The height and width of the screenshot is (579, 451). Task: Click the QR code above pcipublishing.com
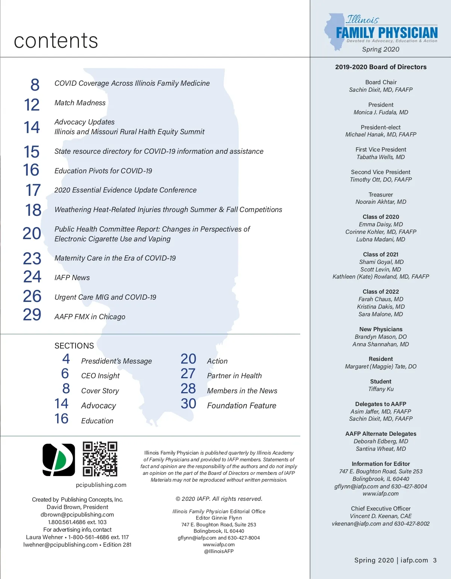tap(100, 459)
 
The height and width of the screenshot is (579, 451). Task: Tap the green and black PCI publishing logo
tap(59, 459)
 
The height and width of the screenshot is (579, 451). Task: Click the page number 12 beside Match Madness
tap(32, 105)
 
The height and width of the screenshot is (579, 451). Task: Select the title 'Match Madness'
tap(80, 103)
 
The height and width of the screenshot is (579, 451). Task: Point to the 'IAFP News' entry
tap(72, 278)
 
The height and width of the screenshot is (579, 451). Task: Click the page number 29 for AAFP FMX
tap(32, 315)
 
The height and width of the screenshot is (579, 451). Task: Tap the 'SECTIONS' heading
tap(74, 346)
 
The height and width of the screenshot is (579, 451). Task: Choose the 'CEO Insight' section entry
tap(100, 376)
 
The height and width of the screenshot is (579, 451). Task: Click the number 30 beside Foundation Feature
tap(188, 404)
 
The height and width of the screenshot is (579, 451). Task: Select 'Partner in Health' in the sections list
tap(234, 376)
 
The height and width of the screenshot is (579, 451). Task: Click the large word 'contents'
tap(56, 41)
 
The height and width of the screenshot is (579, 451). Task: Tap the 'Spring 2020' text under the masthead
tap(381, 49)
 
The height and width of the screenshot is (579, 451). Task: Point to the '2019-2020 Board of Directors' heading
tap(381, 67)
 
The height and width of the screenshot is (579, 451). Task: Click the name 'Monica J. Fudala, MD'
tap(381, 112)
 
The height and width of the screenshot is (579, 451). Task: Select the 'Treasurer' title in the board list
tap(381, 195)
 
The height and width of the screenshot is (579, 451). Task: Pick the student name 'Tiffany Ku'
tap(381, 389)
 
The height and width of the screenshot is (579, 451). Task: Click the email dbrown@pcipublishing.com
tap(77, 515)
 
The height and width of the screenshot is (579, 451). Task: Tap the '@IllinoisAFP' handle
tap(219, 551)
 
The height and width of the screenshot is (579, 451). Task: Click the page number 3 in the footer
tap(434, 561)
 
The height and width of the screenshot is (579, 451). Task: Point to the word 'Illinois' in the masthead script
tap(362, 20)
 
